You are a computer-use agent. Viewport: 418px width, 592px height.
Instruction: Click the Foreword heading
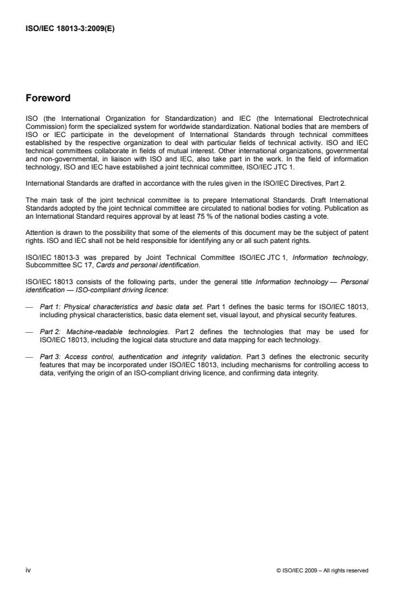click(48, 97)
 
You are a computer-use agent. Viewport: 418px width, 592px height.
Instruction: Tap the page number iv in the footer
click(28, 570)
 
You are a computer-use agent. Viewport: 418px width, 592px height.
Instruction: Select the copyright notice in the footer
click(323, 570)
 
